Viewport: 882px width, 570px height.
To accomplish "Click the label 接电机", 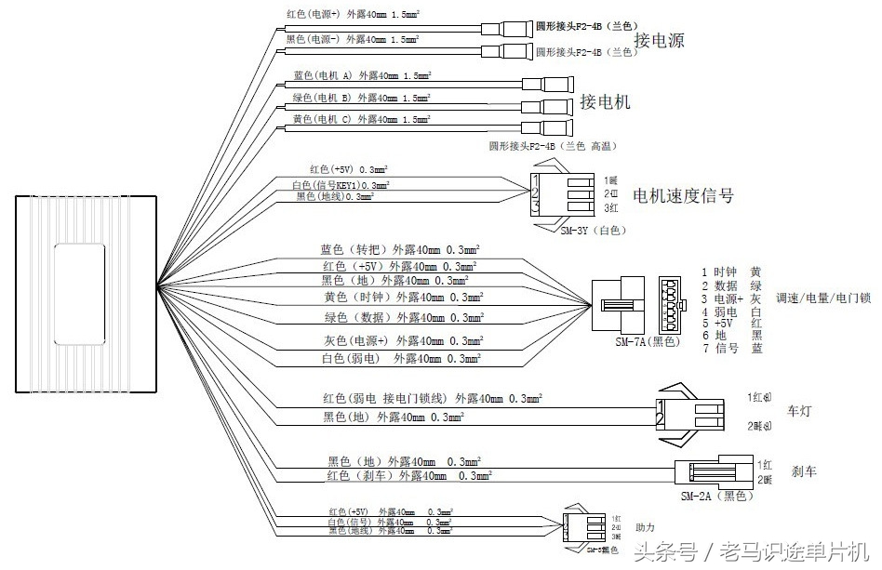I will pos(605,101).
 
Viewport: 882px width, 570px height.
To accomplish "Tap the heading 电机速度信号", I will pos(683,196).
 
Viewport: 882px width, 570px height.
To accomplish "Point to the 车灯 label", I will pos(800,410).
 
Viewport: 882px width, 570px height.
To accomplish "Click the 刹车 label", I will pos(804,471).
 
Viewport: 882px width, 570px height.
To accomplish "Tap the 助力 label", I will pos(645,527).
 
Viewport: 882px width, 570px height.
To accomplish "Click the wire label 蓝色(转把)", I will pos(345,250).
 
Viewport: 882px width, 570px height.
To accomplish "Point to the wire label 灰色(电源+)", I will pos(354,340).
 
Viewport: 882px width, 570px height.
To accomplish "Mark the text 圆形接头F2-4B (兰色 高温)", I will pos(553,146).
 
